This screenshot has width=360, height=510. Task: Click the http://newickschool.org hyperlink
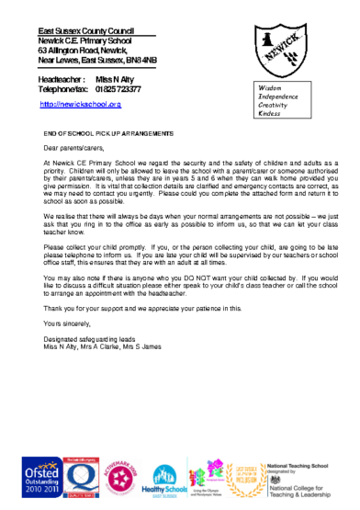[x=81, y=105]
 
